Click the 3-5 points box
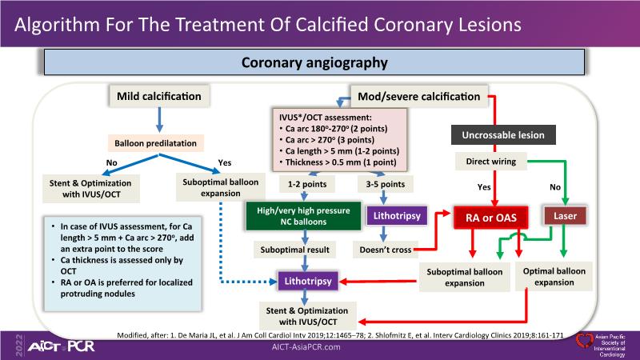click(x=382, y=184)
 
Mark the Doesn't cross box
click(x=383, y=250)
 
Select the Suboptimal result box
click(x=295, y=250)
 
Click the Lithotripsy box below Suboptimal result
click(x=306, y=282)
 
